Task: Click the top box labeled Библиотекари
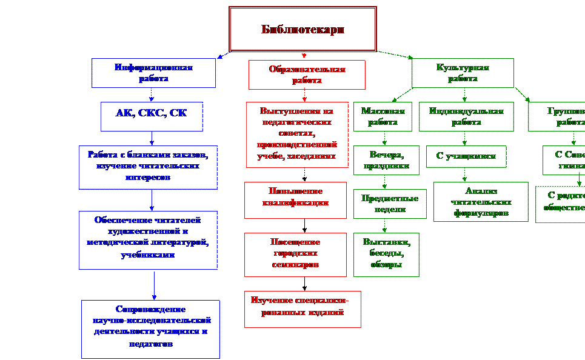[x=303, y=29]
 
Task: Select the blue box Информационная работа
[x=153, y=73]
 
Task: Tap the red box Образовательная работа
[x=307, y=75]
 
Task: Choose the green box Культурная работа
[x=463, y=73]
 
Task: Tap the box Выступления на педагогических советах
[x=297, y=134]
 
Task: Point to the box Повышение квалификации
[x=295, y=199]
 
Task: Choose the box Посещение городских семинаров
[x=295, y=254]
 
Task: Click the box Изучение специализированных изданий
[x=303, y=309]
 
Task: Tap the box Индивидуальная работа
[x=466, y=116]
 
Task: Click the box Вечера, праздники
[x=386, y=160]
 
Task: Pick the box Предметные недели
[x=386, y=204]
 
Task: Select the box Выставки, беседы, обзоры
[x=386, y=255]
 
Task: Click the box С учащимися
[x=466, y=156]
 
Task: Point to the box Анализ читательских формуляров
[x=480, y=202]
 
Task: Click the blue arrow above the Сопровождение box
[x=154, y=285]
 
